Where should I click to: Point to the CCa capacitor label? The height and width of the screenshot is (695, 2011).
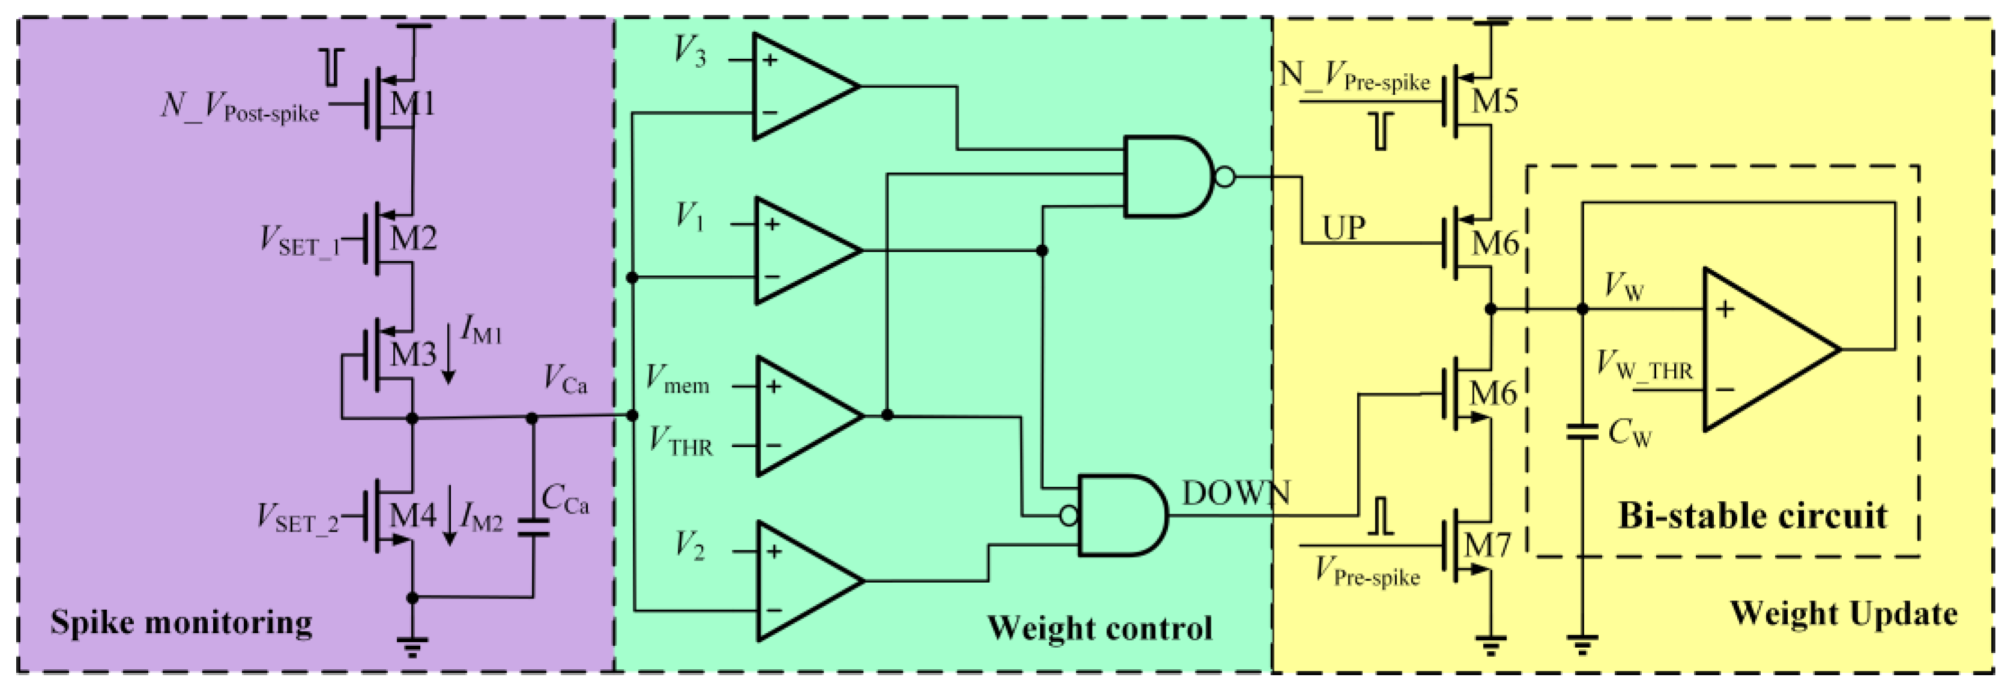pos(564,500)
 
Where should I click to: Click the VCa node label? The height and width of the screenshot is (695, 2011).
pos(564,381)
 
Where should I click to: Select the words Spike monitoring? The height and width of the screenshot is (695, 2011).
pos(181,622)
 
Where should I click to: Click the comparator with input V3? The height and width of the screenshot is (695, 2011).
pos(800,86)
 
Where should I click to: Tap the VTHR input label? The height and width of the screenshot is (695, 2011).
pos(680,442)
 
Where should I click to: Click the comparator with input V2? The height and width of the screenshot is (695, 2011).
pos(804,581)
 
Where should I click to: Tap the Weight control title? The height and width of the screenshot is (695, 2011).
pos(1099,628)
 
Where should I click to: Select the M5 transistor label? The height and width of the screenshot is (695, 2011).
pos(1494,101)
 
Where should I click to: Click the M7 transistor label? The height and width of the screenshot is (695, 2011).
pos(1487,544)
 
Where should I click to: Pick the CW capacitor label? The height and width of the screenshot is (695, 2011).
pos(1630,432)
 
